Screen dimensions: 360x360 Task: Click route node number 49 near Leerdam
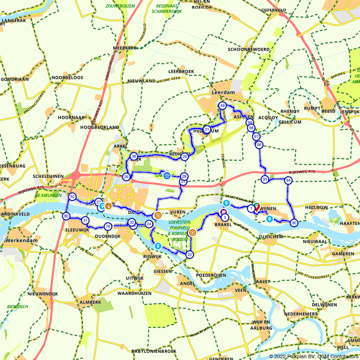pos(222,106)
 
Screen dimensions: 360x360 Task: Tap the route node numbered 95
pos(265,180)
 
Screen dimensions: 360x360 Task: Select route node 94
pos(288,180)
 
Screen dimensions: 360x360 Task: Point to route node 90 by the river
pos(294,223)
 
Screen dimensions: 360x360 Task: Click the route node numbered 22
pos(190,255)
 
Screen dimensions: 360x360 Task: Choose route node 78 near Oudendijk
pos(108,226)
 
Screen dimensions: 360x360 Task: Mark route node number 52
pos(72,197)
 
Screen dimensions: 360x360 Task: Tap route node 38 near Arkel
pos(134,156)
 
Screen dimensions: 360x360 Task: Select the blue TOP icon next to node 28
pos(167,176)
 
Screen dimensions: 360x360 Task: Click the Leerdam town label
pos(223,93)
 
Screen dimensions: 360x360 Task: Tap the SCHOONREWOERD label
pos(248,49)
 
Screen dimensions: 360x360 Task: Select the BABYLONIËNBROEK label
pos(154,351)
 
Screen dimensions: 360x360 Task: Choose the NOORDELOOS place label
pos(67,77)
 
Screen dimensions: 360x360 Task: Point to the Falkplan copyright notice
pos(314,356)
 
